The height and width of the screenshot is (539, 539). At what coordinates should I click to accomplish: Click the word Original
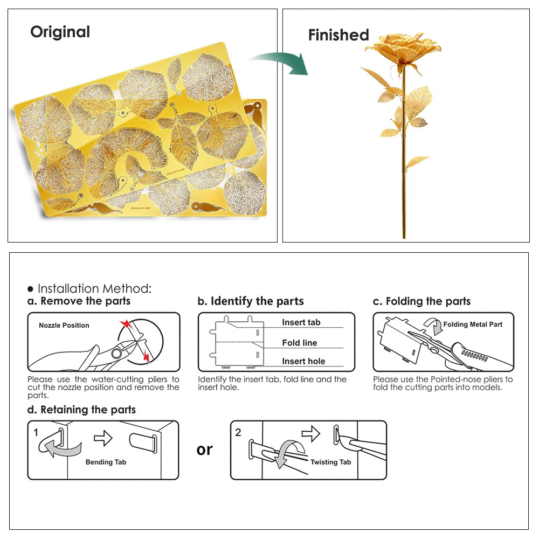tap(60, 32)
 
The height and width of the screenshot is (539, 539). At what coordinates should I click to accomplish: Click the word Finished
tap(338, 36)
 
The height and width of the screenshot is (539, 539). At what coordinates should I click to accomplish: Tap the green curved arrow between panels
tap(280, 62)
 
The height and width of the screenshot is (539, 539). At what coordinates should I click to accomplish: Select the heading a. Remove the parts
tap(79, 301)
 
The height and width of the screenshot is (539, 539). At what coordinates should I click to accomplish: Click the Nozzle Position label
tap(64, 325)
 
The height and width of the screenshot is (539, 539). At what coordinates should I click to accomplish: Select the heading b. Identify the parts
tap(251, 301)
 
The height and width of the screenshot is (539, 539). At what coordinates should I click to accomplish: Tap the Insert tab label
tap(301, 322)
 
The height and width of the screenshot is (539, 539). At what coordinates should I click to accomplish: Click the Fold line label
tap(299, 343)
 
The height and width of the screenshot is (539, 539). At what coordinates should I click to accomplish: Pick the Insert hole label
tap(303, 361)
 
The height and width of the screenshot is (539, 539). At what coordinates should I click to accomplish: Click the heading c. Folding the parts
tap(421, 301)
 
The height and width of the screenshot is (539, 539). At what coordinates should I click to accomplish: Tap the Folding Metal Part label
tap(473, 324)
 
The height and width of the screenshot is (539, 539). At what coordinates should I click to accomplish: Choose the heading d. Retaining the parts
tap(81, 410)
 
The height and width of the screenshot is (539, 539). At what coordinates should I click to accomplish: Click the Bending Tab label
tap(106, 462)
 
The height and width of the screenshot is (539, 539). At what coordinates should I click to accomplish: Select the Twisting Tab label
tap(330, 462)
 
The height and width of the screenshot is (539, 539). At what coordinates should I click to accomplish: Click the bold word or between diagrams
tap(204, 449)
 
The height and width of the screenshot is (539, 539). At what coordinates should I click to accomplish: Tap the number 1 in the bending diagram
tap(36, 432)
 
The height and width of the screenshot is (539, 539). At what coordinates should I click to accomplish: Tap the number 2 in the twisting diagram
tap(238, 432)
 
